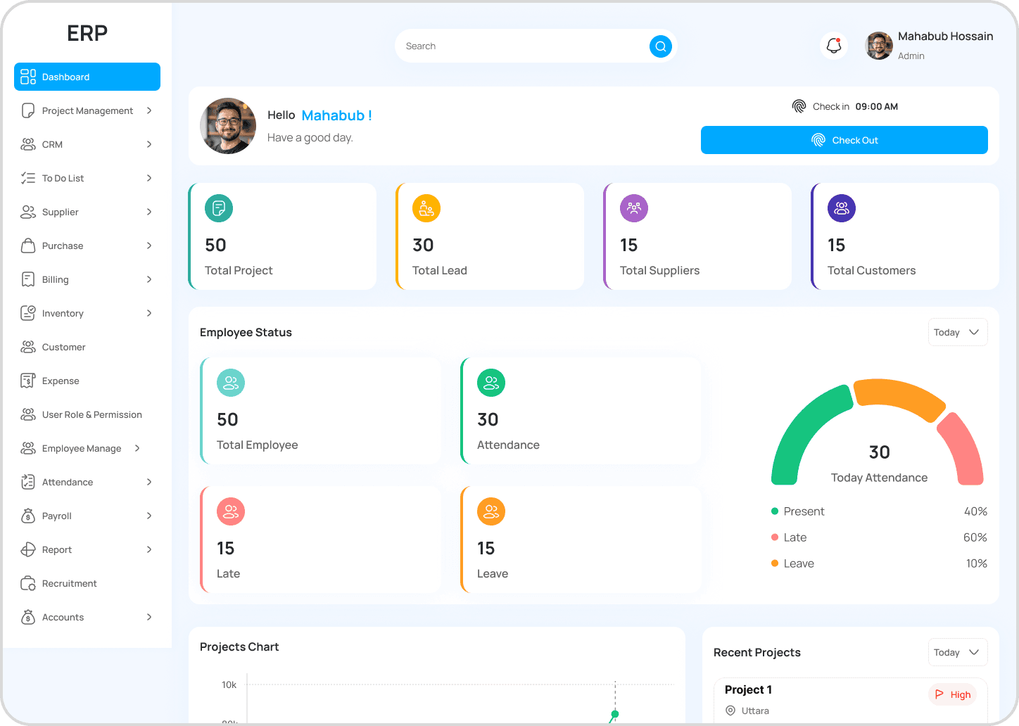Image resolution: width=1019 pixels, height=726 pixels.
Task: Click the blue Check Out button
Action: coord(844,140)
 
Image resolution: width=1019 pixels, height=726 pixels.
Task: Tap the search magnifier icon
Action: coord(660,46)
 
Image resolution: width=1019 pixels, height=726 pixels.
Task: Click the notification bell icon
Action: coord(834,46)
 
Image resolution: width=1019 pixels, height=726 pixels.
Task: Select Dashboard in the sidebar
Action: coord(87,77)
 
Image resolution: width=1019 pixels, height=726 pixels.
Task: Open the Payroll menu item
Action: coord(57,516)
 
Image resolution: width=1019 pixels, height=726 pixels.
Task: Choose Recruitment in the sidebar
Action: coord(69,583)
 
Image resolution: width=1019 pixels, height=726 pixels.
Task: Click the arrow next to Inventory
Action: coord(149,313)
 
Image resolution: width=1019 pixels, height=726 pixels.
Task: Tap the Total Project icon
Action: coord(219,208)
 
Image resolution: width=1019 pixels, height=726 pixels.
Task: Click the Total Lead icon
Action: coord(426,208)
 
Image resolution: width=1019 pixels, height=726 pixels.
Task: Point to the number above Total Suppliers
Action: coord(628,245)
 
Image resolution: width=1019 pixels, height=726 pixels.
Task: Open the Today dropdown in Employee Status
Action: coord(957,332)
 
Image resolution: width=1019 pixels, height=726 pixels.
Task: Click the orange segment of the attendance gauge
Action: coord(899,397)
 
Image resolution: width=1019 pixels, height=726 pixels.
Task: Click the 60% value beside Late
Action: coord(975,537)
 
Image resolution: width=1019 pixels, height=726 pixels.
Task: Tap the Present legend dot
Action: coord(775,511)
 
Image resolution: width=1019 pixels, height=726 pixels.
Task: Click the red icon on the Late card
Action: coord(231,511)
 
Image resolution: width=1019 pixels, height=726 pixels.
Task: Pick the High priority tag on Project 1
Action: coord(953,694)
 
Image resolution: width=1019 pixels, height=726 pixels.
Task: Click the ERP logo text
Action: coord(87,33)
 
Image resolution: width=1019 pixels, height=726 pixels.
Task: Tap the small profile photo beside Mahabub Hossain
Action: coord(879,46)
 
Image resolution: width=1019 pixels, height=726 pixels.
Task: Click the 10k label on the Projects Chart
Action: coord(229,684)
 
